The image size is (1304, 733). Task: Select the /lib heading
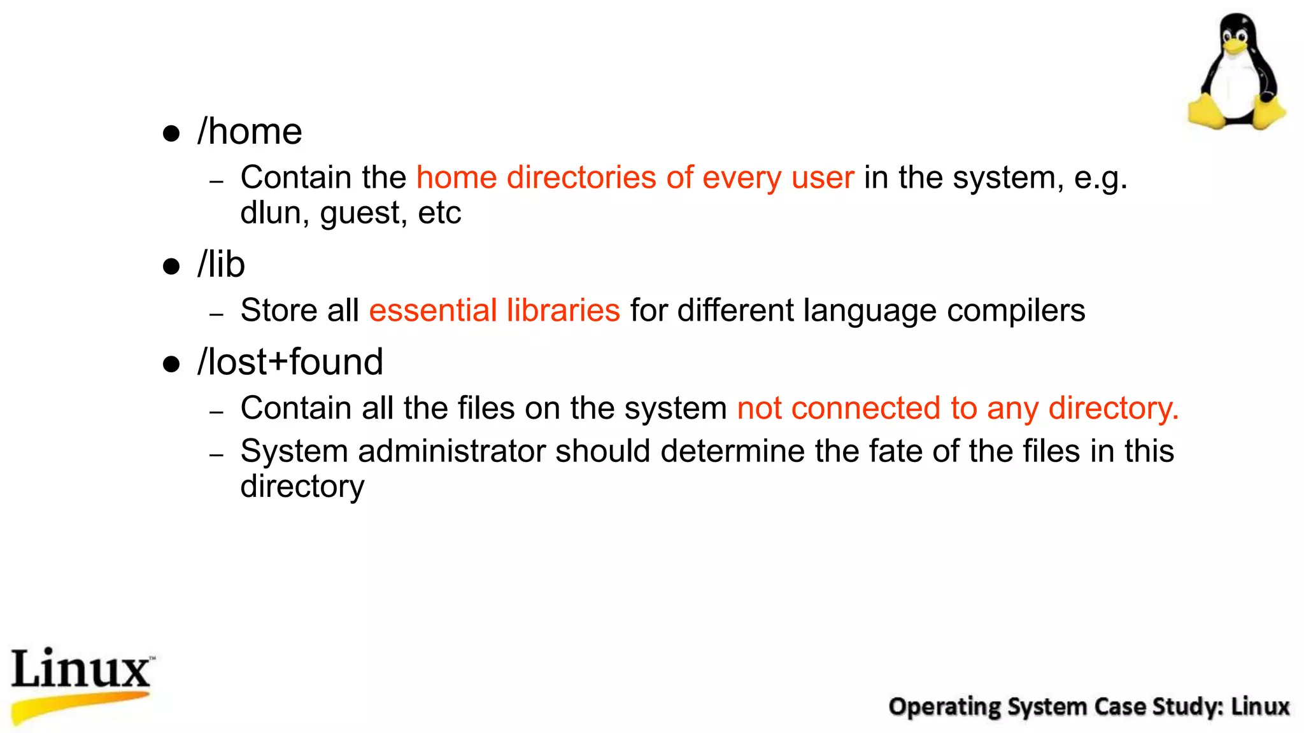[221, 265]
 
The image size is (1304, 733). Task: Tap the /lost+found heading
[290, 362]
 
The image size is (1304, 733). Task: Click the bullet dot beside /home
[171, 134]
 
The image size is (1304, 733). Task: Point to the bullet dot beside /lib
[171, 266]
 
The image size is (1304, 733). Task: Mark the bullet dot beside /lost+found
[171, 364]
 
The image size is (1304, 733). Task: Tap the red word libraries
[563, 311]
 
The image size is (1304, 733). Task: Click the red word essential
[433, 311]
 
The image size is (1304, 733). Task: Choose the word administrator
[451, 451]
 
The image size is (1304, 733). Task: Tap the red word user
[823, 178]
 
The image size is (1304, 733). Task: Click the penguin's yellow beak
[1235, 45]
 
